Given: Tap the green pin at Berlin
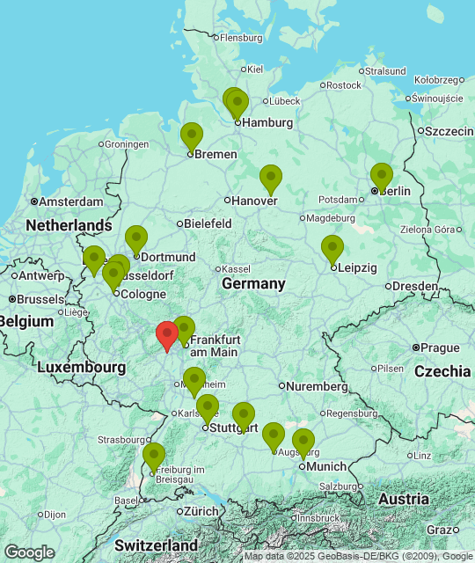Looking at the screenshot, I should point(381,176).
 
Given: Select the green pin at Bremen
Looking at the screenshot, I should point(191,136).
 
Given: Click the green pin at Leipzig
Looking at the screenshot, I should point(332,249).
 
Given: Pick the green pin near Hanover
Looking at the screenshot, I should point(271,179).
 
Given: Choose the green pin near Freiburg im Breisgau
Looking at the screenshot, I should point(154,457).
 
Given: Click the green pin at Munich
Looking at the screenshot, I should point(303,442).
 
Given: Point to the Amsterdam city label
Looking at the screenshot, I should point(71,201).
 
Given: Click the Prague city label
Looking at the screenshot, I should point(440,347).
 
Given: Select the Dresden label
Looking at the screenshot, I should point(415,286).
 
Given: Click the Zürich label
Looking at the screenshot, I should point(201,511).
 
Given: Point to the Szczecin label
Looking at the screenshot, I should point(450,131).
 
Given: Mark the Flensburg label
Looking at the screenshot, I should point(240,38).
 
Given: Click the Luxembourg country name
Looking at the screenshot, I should point(81,366).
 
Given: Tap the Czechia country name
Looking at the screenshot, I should point(442,371).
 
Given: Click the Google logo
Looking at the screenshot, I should point(29,552).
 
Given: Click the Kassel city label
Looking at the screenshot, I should point(235,268).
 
